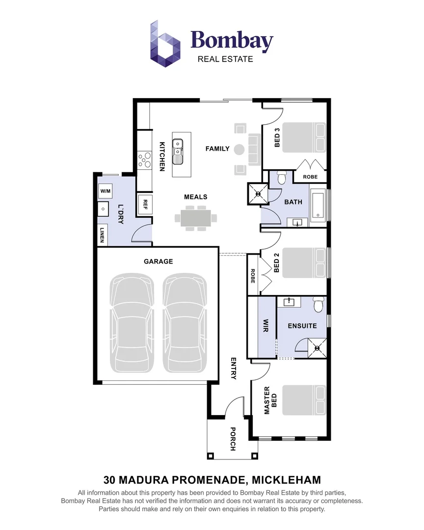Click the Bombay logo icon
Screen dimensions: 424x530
(165, 44)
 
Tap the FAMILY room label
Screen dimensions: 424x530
(217, 149)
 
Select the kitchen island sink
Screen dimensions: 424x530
(178, 152)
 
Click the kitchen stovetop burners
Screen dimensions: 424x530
(145, 160)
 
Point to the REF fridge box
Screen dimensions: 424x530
(145, 205)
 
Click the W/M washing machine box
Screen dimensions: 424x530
(106, 191)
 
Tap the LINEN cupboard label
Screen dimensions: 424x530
(102, 235)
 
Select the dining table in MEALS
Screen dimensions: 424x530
(196, 219)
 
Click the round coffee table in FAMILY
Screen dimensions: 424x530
(239, 149)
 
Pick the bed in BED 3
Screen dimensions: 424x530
(304, 137)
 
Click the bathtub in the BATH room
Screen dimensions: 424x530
(318, 205)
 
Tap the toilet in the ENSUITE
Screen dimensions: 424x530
(318, 305)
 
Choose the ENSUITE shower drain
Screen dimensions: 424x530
(317, 348)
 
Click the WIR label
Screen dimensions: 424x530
(266, 326)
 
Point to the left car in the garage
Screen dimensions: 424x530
(132, 323)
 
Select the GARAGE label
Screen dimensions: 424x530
(158, 261)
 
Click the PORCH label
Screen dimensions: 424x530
(233, 439)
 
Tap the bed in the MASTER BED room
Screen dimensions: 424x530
(304, 400)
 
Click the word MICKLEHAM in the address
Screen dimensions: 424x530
(287, 480)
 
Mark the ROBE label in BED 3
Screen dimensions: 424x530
(310, 177)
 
